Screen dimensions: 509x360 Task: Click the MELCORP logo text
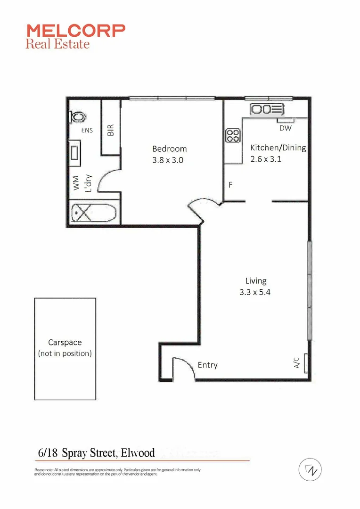76,31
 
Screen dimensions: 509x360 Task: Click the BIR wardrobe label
111,130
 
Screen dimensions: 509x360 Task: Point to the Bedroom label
169,149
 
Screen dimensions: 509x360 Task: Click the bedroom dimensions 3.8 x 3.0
167,160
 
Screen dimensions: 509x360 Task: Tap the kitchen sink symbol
267,110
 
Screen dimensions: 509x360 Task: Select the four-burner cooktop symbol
233,136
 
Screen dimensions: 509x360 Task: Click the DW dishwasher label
285,128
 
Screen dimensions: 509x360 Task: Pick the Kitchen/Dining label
278,148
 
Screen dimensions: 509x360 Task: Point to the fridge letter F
231,185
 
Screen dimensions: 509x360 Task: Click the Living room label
256,281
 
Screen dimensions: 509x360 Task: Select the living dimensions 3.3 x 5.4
255,292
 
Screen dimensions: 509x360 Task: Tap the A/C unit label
297,363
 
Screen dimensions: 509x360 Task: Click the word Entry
208,365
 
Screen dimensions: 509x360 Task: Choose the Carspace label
65,343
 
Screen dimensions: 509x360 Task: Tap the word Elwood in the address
138,453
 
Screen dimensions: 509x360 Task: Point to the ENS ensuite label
87,131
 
